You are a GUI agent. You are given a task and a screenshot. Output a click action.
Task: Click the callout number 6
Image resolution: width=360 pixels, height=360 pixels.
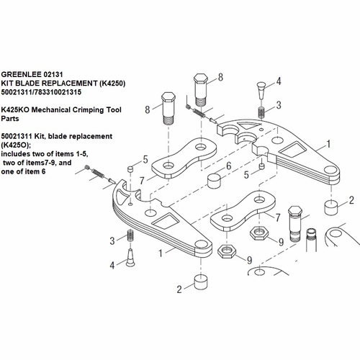pyautogui.click(x=228, y=166)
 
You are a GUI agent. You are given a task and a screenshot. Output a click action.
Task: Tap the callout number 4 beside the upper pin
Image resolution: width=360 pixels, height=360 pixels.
pyautogui.click(x=279, y=81)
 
